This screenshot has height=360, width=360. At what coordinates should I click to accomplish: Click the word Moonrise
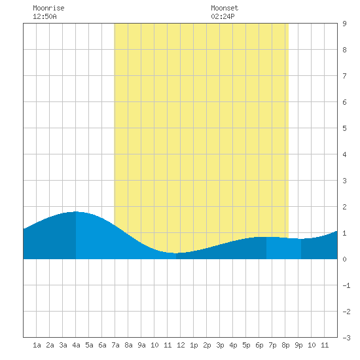point(48,8)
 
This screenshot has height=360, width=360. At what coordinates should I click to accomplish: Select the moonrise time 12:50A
point(45,16)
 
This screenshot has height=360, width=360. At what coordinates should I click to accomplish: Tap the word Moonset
point(225,8)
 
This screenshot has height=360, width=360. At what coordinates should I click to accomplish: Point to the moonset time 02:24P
point(223,16)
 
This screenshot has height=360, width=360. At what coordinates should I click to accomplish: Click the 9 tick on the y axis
point(344,24)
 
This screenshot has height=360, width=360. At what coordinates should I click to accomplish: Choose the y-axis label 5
point(344,128)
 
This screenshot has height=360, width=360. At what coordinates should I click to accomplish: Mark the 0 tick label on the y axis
point(344,259)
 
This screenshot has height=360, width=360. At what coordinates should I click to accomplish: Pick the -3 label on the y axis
point(346,338)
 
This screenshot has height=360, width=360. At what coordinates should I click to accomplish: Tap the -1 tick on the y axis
point(346,285)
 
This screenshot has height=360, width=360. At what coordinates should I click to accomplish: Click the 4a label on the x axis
point(76,345)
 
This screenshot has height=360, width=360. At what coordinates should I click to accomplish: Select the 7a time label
point(115,345)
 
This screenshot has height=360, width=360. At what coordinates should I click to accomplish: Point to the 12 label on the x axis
point(181,345)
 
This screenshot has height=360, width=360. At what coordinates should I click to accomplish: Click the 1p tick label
point(194,345)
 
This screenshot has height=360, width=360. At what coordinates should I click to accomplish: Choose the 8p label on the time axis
point(285,345)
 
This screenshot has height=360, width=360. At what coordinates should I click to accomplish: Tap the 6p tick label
point(259,345)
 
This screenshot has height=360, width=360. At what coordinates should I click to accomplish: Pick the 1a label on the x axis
point(37,345)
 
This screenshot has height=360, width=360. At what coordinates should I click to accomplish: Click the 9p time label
point(298,345)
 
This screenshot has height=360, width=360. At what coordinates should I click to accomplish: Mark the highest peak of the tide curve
point(76,211)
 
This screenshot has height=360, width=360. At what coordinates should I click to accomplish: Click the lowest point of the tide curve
point(176,253)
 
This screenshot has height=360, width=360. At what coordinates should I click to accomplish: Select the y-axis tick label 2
point(344,207)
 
